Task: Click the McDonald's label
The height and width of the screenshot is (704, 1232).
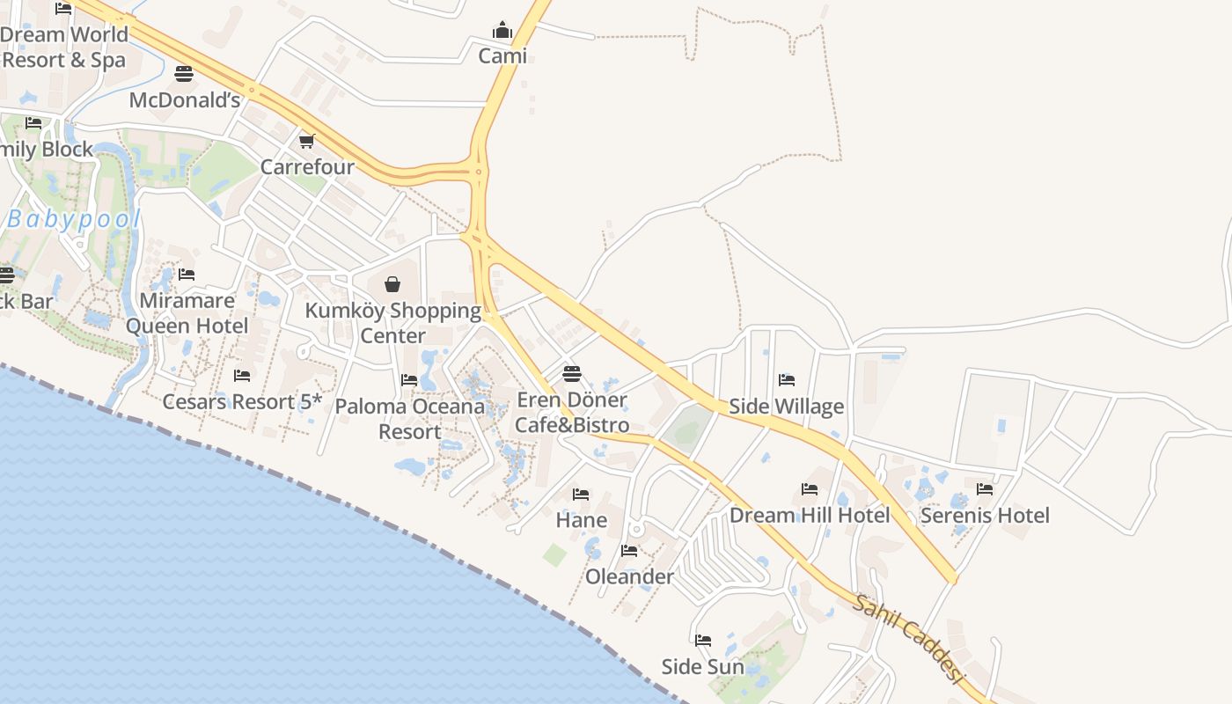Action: coord(185,100)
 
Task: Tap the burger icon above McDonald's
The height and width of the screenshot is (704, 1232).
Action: coord(184,73)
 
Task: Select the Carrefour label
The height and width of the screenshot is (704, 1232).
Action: coord(307,166)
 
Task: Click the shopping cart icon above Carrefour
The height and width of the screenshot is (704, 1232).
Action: coord(307,141)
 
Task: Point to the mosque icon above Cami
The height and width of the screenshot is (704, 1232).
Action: coord(502,31)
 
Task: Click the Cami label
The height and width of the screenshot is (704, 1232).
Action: coord(502,56)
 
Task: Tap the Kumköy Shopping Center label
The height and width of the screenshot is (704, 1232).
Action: coord(392,323)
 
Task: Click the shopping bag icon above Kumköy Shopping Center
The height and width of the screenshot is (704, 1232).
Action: coord(392,284)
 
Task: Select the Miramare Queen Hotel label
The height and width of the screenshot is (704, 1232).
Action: coord(187,313)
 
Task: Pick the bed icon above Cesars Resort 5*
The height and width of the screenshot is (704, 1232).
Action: coord(242,376)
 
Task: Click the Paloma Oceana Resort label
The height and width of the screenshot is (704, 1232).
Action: coord(410,419)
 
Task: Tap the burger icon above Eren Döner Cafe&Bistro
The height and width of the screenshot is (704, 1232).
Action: coord(572,373)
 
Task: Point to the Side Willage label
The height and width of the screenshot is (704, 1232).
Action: coord(786,407)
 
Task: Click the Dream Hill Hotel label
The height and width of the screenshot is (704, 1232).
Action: coord(810,515)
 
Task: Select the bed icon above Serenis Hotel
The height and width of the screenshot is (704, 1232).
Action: coord(985,488)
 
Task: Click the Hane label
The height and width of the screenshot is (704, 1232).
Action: coord(581,520)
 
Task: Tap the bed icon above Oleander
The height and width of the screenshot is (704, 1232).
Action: coord(629,551)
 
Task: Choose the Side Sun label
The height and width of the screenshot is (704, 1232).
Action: coord(702,666)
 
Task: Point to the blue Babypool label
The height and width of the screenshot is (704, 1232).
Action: coord(74,220)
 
